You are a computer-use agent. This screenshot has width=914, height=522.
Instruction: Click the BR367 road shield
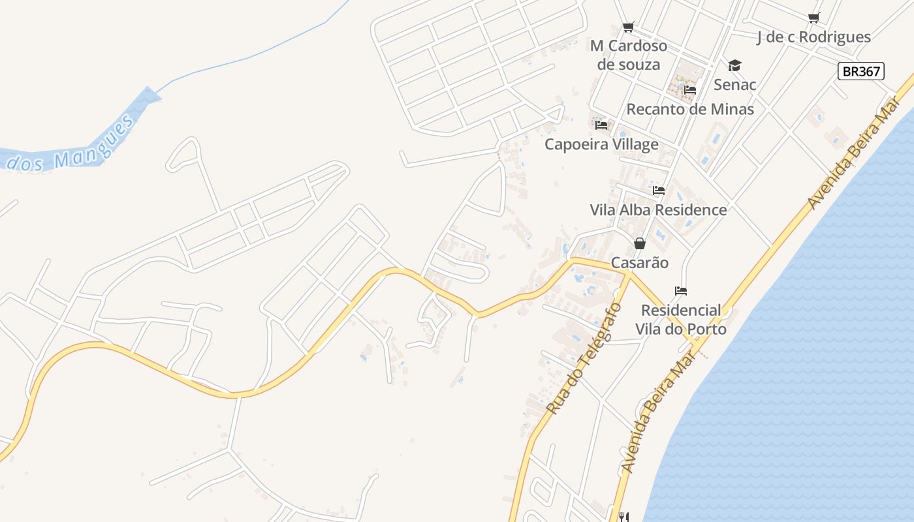(860, 71)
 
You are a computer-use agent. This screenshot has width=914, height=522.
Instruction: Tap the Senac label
(734, 85)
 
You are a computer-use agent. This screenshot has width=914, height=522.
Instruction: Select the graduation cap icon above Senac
(734, 65)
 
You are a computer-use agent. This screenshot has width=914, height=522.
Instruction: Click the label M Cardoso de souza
(629, 55)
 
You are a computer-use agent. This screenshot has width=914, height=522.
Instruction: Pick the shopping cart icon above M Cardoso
(628, 27)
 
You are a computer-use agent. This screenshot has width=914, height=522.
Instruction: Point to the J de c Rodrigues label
(813, 37)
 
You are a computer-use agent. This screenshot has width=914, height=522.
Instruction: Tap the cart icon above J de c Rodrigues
(813, 18)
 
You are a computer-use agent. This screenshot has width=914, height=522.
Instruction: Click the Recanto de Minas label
(690, 109)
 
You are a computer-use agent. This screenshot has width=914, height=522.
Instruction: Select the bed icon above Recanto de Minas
(690, 90)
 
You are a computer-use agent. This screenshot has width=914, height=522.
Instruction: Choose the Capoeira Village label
(601, 144)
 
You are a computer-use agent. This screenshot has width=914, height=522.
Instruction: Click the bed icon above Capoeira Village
(601, 125)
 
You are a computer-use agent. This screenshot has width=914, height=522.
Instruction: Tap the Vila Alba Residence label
(658, 210)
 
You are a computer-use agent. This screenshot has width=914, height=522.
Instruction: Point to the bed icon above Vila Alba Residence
(659, 191)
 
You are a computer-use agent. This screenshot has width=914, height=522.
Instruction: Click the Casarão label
(640, 263)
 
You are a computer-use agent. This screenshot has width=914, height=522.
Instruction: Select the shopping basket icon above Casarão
(640, 243)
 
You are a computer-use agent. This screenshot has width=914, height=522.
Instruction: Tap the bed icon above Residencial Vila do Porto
(681, 291)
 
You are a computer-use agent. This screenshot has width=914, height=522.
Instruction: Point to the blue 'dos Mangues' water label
(72, 147)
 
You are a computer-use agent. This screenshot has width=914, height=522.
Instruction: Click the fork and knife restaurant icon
(623, 517)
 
